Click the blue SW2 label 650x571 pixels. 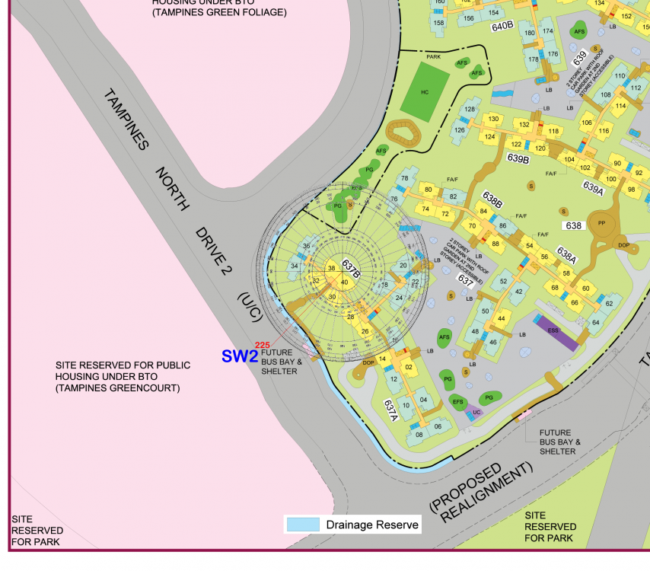click(240, 356)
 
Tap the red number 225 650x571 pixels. click(263, 345)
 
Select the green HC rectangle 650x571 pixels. click(425, 92)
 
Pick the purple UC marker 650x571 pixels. click(476, 412)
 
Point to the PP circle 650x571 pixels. click(601, 223)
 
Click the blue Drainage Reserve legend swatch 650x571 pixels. click(303, 525)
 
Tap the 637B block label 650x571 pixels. click(350, 268)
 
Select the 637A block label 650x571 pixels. click(391, 411)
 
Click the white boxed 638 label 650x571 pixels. click(573, 225)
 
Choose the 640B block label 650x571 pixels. click(502, 26)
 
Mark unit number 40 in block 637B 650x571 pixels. click(345, 282)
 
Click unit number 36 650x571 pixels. click(306, 246)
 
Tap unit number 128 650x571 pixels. click(470, 110)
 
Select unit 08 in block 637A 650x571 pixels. click(419, 435)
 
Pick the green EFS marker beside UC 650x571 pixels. click(457, 401)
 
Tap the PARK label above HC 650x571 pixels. click(433, 56)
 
